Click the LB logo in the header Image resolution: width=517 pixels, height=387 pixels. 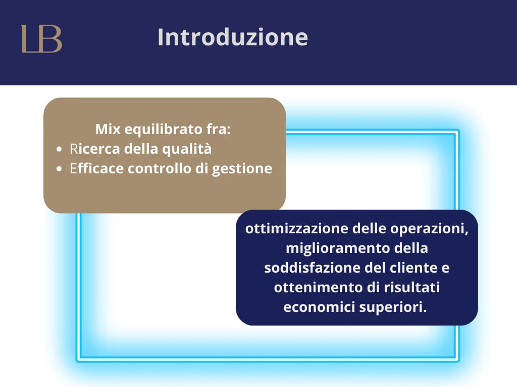click(41, 38)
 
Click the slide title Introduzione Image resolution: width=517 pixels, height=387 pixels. click(233, 37)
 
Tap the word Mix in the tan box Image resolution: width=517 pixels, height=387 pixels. click(108, 129)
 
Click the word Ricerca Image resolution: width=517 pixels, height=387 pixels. click(95, 149)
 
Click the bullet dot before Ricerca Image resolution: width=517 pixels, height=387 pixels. click(59, 149)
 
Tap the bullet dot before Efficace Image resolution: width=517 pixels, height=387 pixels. click(59, 169)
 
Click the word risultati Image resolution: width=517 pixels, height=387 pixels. click(411, 287)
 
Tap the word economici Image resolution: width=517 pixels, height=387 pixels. click(319, 307)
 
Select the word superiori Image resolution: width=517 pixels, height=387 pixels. click(393, 308)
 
